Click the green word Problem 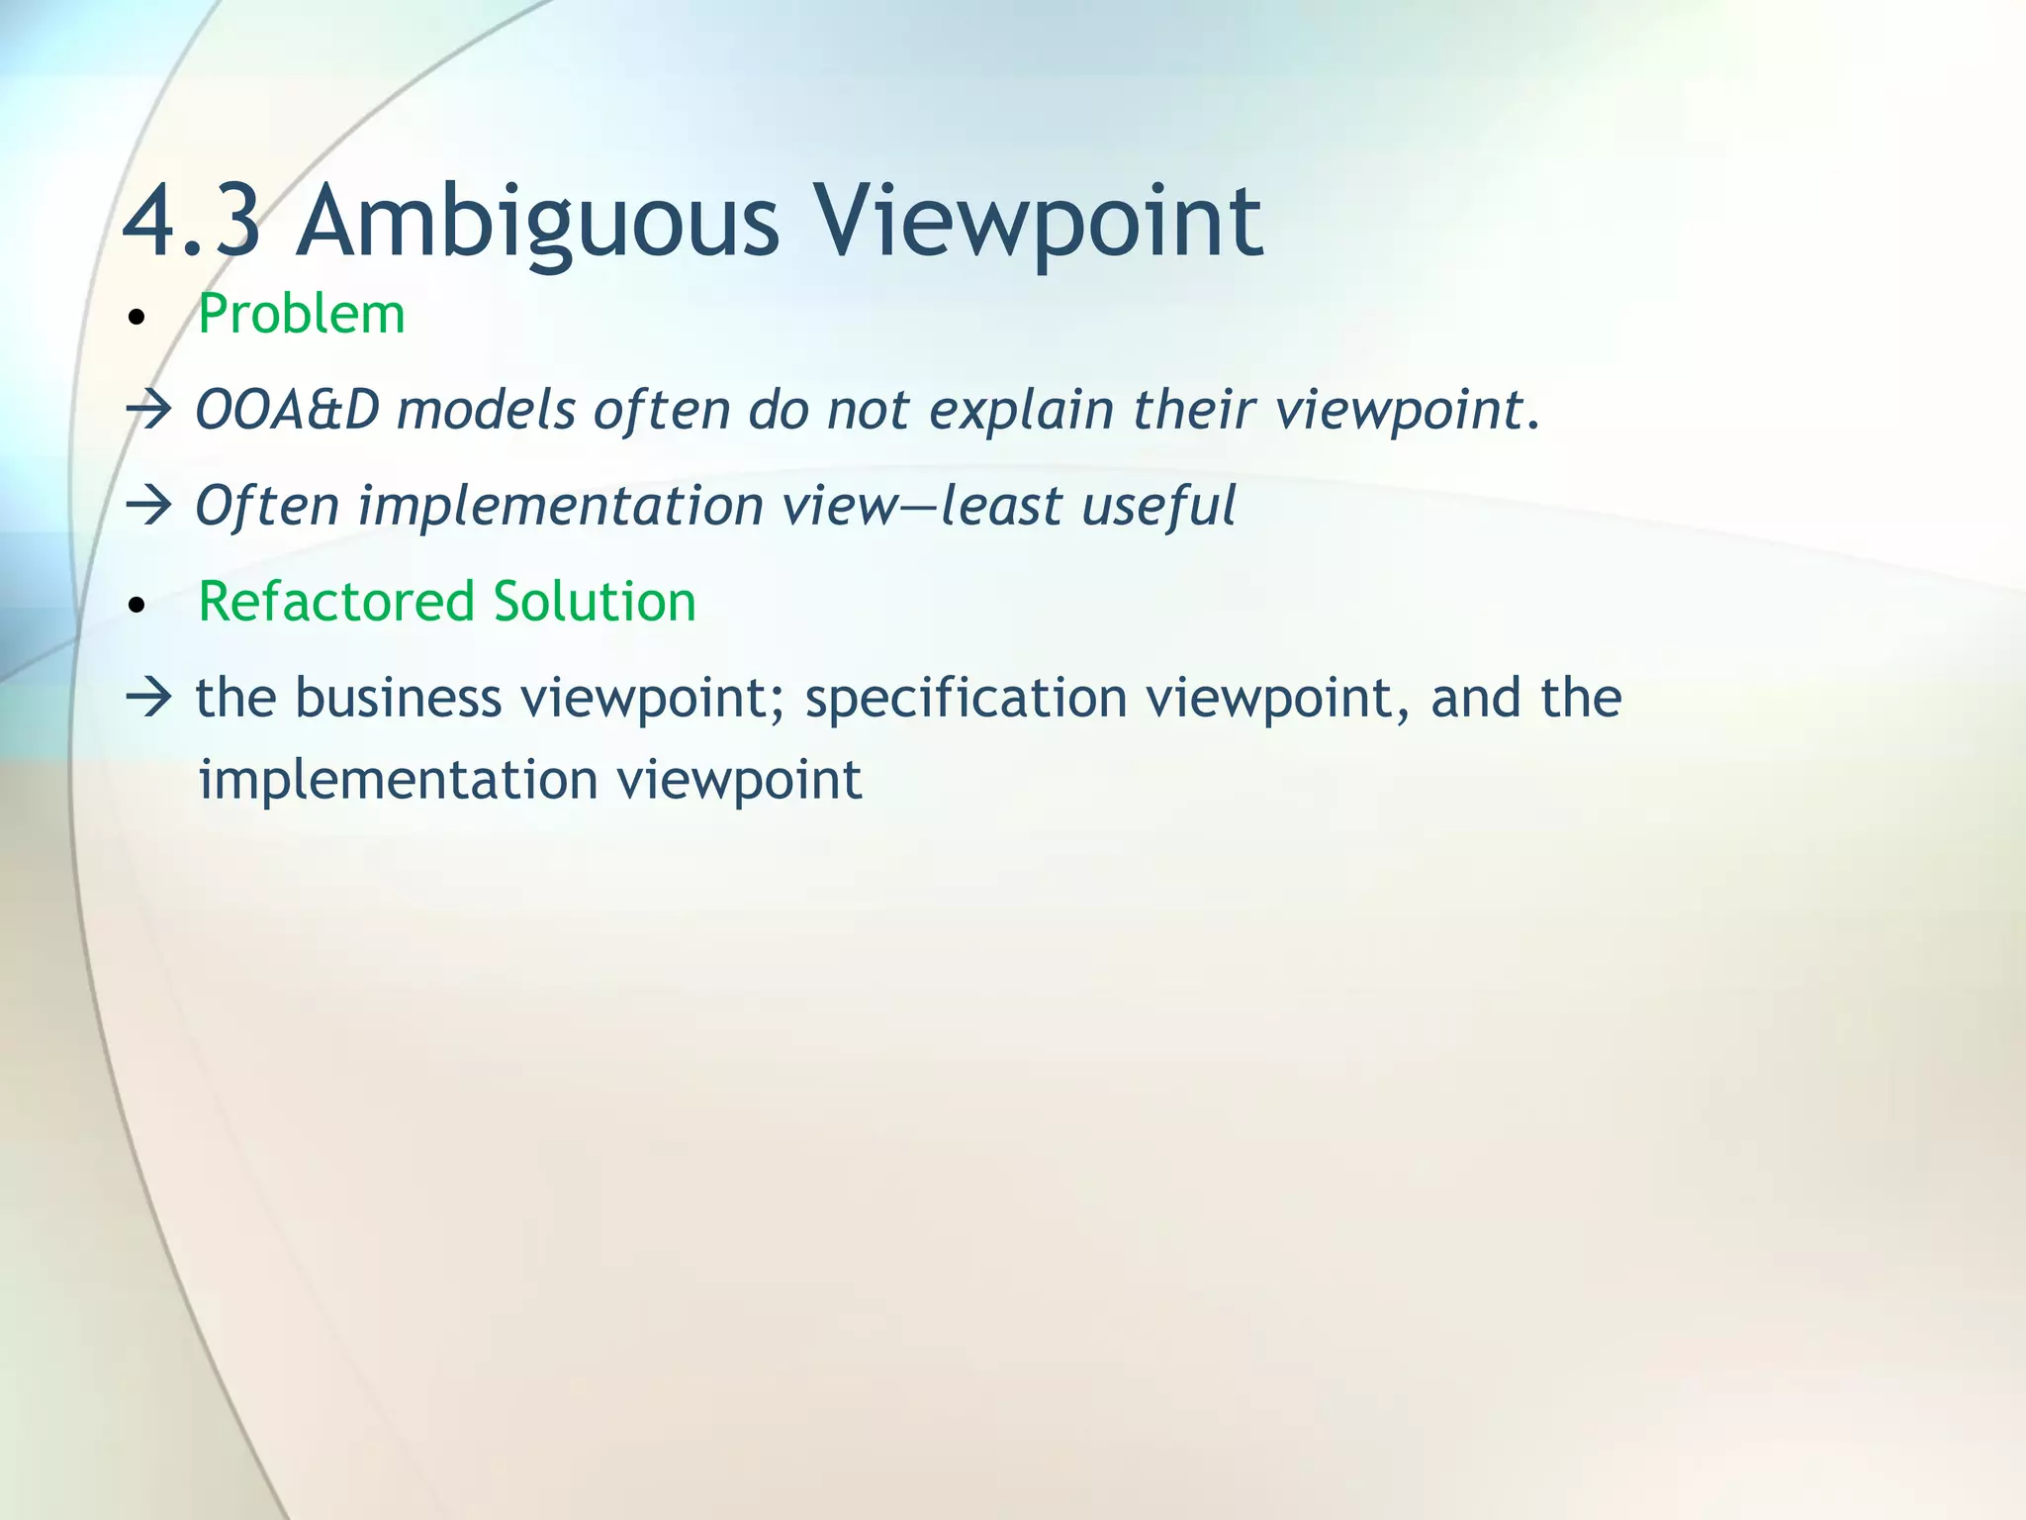[302, 315]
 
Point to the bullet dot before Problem [138, 319]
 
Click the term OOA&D [288, 410]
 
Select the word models [486, 410]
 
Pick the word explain [1022, 410]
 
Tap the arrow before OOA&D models [149, 410]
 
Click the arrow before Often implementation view [149, 506]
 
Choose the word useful [1158, 506]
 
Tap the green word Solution [595, 602]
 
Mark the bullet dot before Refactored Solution [138, 606]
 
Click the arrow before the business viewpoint [149, 698]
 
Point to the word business [399, 698]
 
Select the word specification [967, 698]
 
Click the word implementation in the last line [399, 780]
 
